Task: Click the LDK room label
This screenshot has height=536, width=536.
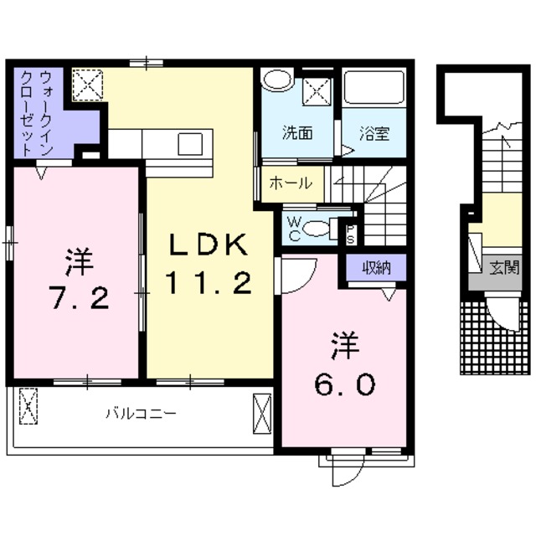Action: pos(209,245)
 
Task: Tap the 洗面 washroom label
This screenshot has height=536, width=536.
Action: pos(296,131)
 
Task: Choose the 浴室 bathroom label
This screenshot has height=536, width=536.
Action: pos(372,131)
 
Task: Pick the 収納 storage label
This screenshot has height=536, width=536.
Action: pos(377,268)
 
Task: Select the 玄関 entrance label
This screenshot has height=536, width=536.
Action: pos(505,268)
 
